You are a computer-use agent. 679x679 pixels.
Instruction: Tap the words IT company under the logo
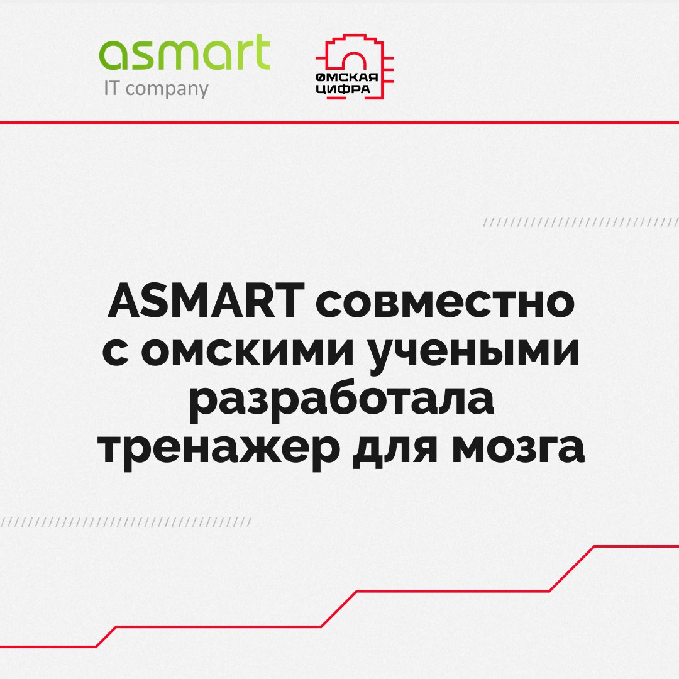(x=157, y=89)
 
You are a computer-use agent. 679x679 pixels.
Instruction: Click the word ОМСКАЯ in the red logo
(x=346, y=78)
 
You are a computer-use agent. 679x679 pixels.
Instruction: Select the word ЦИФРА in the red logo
(x=343, y=89)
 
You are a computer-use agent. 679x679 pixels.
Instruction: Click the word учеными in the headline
(x=471, y=353)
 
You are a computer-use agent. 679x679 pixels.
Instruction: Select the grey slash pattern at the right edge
(x=581, y=223)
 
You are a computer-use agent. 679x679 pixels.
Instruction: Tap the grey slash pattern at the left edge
(x=126, y=522)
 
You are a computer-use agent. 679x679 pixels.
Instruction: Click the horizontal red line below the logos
(x=339, y=123)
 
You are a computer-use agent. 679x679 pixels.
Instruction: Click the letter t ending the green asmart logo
(x=262, y=52)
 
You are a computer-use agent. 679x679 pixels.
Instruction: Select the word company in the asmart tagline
(x=167, y=90)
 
